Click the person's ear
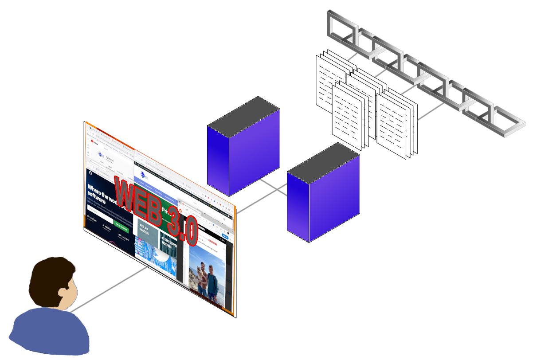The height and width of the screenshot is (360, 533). pos(62,292)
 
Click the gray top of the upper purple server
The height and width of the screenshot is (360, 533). pos(243,113)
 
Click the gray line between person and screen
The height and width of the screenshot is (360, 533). pos(111,288)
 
